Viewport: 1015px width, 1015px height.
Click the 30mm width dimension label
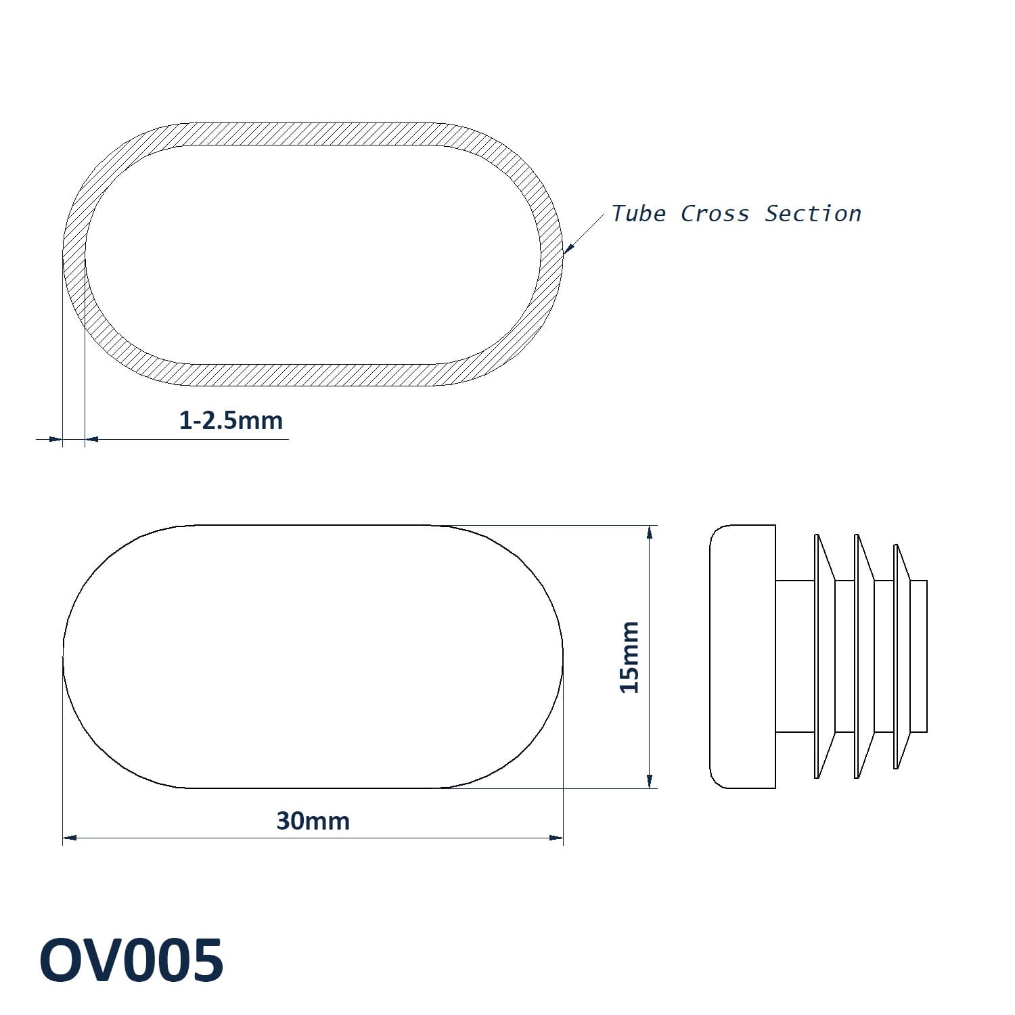313,821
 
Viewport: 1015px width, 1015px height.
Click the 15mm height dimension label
629,656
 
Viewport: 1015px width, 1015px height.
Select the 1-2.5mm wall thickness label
231,420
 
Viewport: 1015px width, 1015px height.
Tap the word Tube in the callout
639,213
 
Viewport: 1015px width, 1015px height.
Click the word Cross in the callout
715,213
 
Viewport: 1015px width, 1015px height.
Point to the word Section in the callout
813,213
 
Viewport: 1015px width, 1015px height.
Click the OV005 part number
131,960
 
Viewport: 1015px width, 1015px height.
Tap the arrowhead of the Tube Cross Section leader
568,250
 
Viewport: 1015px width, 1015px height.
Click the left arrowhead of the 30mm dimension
69,838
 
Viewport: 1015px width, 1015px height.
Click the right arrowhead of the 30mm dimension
556,838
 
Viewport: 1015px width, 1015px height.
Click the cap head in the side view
742,656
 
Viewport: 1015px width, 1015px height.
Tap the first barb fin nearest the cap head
824,656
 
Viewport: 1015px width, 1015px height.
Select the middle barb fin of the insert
864,656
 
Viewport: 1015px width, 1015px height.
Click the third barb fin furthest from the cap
903,656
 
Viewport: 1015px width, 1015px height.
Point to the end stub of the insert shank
919,656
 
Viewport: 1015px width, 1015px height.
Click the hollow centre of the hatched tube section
313,255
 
